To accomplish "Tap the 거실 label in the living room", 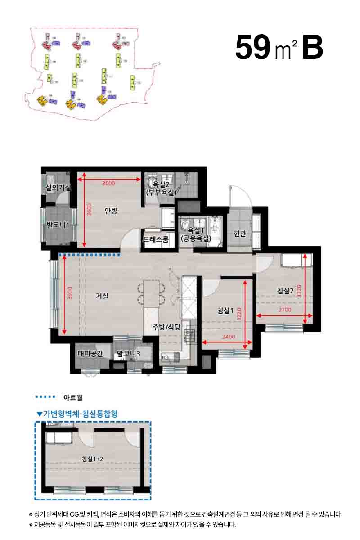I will (102, 296).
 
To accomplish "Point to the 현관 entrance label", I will (239, 234).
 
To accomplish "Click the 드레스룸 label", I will (156, 239).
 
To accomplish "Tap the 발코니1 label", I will (58, 225).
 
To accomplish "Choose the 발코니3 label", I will (128, 354).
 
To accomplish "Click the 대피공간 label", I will (91, 354).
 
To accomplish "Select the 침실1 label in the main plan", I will (225, 310).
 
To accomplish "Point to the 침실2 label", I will (286, 291).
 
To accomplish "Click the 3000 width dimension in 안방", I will (109, 184).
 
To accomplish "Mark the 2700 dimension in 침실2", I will (284, 310).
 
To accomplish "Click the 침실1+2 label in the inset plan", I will (93, 459).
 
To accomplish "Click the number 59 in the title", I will (252, 48).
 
